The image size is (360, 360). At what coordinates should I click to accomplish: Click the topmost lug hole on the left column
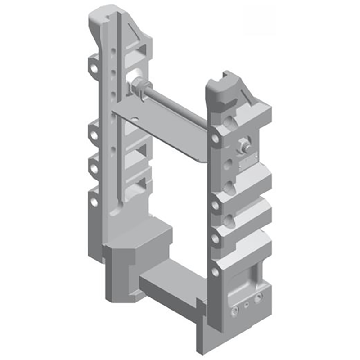point(93,69)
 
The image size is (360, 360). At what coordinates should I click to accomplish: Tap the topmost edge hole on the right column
point(215,139)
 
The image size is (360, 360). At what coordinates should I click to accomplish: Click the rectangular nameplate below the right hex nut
point(248,162)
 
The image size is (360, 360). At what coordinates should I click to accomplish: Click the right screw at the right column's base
point(258,298)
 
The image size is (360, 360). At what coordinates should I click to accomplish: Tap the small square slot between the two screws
point(246,305)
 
